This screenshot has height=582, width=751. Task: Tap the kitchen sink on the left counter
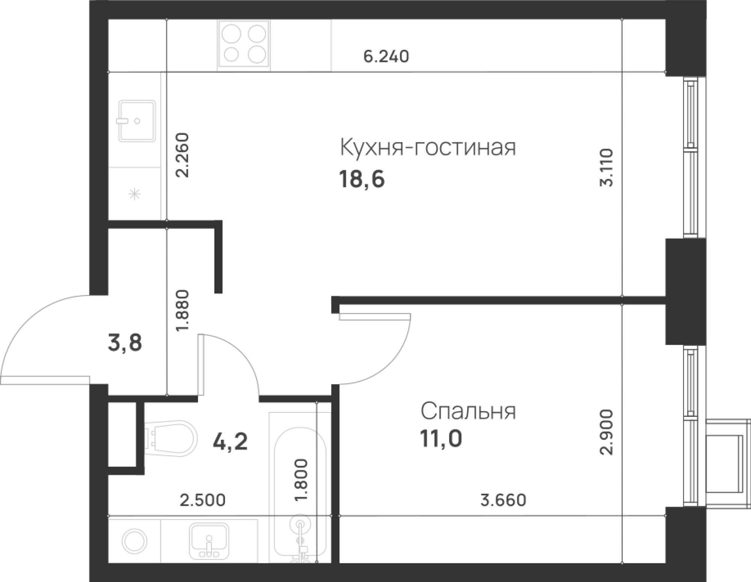(137, 121)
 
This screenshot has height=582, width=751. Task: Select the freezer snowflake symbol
(134, 194)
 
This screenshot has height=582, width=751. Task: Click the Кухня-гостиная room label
(428, 147)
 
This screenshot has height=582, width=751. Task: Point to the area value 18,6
(362, 180)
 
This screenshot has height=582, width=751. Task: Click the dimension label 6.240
(386, 57)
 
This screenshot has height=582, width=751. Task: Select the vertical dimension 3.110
(606, 167)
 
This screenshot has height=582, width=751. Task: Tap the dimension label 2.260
(182, 155)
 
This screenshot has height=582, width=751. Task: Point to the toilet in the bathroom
(171, 439)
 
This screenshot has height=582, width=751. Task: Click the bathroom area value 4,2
(230, 442)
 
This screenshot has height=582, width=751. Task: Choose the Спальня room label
(468, 412)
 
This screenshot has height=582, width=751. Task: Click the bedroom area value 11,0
(441, 439)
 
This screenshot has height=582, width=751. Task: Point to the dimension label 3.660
(504, 500)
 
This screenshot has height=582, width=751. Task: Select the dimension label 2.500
(203, 500)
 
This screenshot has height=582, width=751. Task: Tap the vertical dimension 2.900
(606, 432)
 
